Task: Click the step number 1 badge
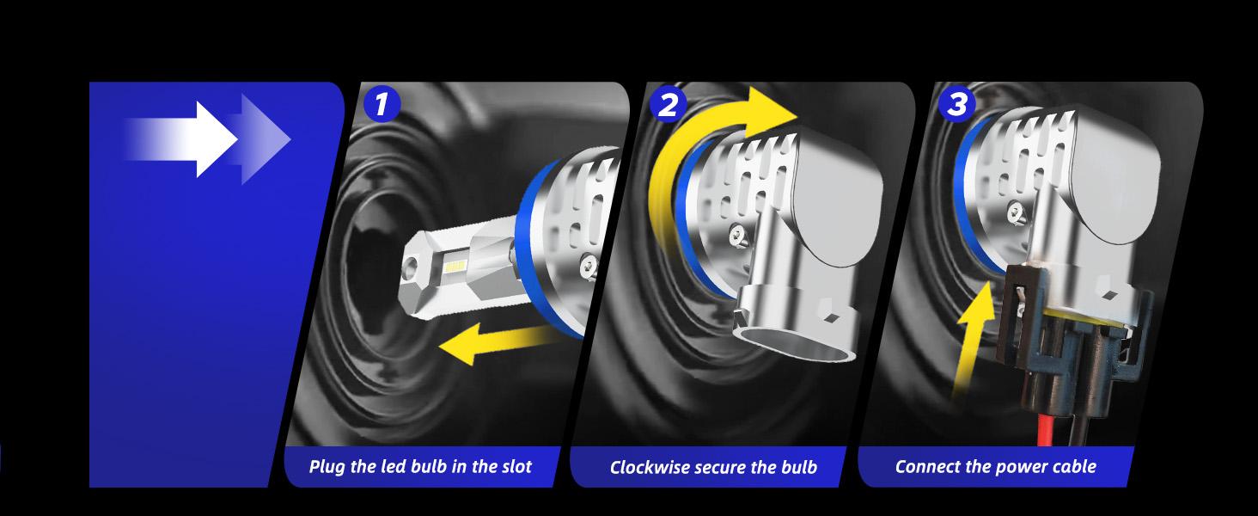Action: (382, 105)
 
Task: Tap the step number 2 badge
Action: (668, 105)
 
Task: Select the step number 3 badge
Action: (957, 105)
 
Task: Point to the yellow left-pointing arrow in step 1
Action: (494, 343)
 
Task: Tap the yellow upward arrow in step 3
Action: (973, 337)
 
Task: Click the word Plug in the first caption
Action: (327, 467)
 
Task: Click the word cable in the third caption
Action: (1076, 466)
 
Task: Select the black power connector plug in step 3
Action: (1065, 343)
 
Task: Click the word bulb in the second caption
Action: (799, 468)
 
